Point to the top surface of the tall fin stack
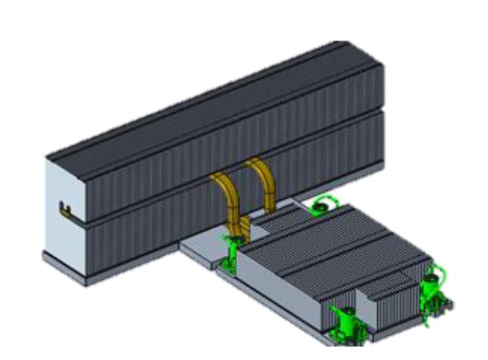220,95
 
